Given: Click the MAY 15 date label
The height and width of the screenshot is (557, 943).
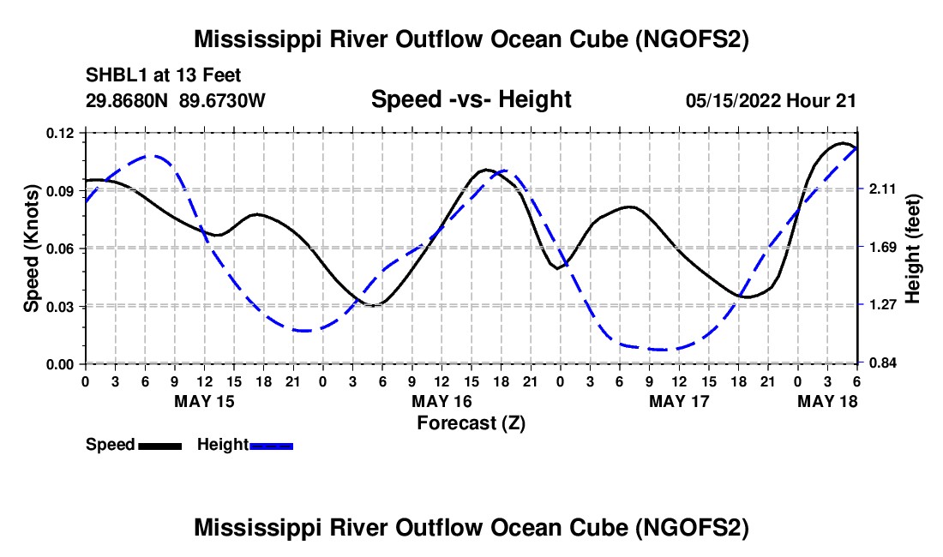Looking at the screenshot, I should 204,401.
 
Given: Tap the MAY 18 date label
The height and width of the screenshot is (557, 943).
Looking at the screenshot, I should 827,401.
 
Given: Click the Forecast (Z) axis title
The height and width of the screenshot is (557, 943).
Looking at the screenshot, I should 471,422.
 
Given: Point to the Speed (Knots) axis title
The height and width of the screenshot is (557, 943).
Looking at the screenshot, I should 32,249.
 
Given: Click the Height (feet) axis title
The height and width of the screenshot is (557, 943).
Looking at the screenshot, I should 912,249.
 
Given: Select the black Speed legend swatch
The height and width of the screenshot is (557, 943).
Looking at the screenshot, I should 159,445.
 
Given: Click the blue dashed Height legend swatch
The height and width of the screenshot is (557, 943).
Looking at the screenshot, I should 271,445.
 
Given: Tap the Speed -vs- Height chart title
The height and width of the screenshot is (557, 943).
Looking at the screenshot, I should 471,99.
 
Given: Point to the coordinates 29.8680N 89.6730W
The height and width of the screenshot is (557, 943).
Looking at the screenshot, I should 176,100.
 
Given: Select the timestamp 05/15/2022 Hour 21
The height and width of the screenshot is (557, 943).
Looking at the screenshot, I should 771,100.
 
